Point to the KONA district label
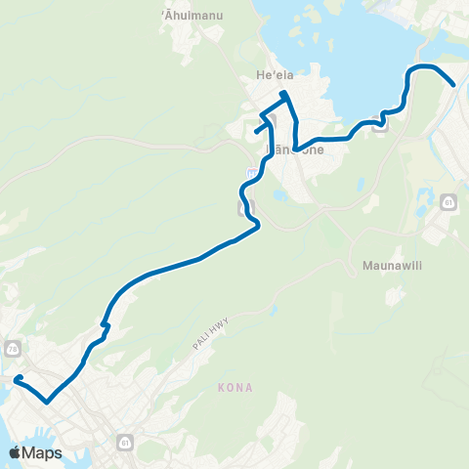pos(236,388)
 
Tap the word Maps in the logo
pos(42,452)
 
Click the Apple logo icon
pos(16,452)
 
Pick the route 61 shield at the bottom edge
pos(125,443)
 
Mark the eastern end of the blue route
pos(453,85)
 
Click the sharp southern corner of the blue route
pos(46,400)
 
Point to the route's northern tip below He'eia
pos(283,93)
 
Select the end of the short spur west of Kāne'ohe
pos(256,131)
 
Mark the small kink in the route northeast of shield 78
pos(105,325)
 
